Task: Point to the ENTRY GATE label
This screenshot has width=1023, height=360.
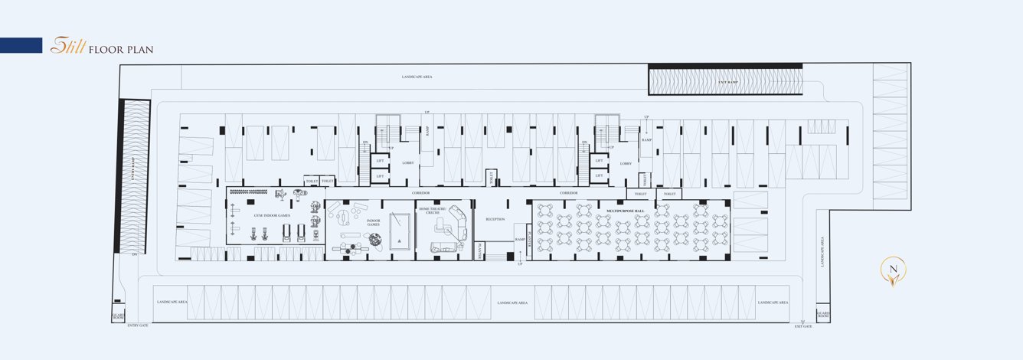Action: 138,326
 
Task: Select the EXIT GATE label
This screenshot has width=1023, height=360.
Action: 802,326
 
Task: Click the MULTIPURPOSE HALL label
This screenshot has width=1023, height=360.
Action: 626,210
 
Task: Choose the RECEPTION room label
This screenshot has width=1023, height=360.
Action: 495,219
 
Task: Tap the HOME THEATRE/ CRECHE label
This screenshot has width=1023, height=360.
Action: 433,210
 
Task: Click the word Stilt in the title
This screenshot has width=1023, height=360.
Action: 67,47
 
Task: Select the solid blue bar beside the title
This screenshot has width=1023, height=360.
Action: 21,45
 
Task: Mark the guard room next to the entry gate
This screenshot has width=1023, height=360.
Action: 119,315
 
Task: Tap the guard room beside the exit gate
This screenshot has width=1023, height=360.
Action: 823,315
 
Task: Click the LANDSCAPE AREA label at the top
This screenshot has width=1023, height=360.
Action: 417,77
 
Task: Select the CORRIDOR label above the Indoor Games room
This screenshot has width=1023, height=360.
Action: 420,193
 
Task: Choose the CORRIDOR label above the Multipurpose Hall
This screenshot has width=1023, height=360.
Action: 568,193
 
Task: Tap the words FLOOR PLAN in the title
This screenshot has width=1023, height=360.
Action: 121,50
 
